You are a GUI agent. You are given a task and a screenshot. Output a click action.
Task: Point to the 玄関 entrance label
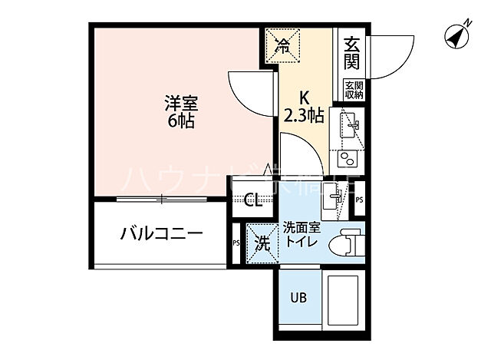[352, 54]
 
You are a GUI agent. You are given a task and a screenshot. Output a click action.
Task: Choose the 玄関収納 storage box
[353, 89]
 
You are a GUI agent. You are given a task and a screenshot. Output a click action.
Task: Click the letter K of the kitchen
[304, 98]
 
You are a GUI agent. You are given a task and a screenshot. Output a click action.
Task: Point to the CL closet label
[252, 201]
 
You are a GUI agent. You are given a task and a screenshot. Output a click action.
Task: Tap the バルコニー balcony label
[161, 233]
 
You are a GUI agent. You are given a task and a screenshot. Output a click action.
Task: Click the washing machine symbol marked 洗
[262, 244]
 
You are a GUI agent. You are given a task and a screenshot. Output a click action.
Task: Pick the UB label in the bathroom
[298, 298]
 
